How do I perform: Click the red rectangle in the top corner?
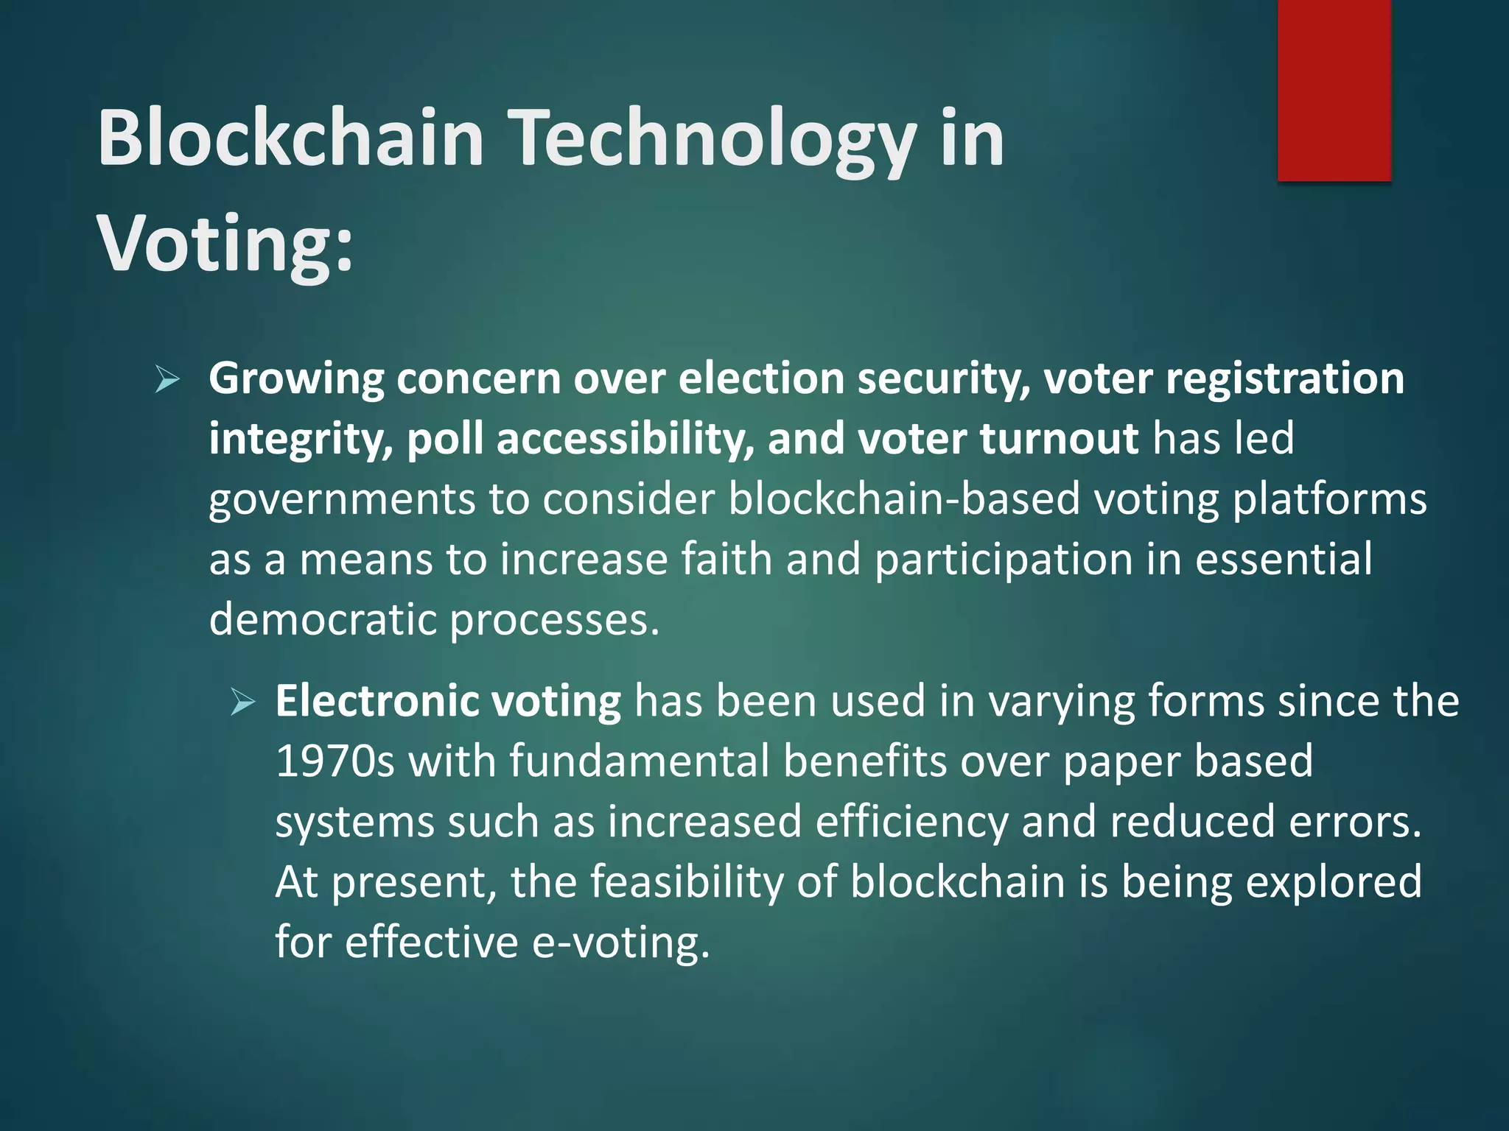click(1334, 90)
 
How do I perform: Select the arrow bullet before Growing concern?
click(167, 380)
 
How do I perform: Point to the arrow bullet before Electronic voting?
click(242, 702)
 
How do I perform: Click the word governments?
click(341, 500)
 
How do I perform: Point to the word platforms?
click(1330, 500)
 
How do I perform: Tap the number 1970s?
click(335, 761)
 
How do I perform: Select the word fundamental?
click(639, 761)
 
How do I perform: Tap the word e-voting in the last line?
click(620, 942)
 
